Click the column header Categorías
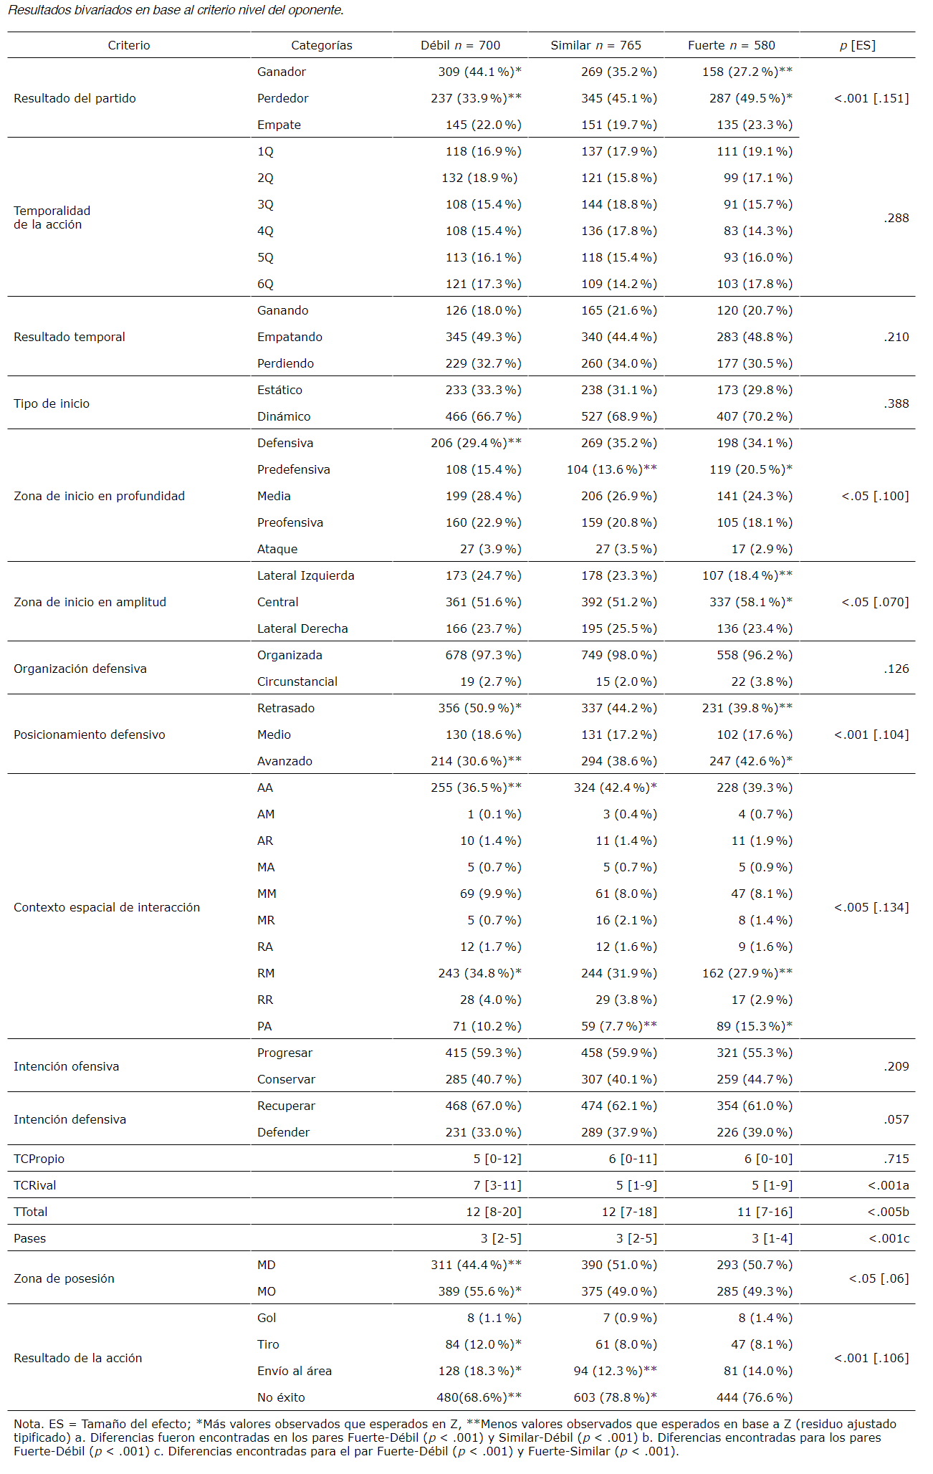[321, 45]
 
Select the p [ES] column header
[857, 45]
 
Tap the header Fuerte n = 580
[731, 45]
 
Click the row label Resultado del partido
[75, 98]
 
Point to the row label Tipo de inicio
[52, 403]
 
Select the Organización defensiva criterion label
[80, 669]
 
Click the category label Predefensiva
[294, 469]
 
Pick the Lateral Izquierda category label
[306, 575]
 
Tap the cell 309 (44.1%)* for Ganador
[479, 72]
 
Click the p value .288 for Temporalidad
[896, 218]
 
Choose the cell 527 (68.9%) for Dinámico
[618, 416]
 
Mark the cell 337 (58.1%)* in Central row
[750, 602]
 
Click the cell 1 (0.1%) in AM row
[494, 814]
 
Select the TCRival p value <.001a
[888, 1185]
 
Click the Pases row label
[29, 1238]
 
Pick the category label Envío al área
[295, 1371]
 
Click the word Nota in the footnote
[27, 1424]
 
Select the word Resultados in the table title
[39, 10]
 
